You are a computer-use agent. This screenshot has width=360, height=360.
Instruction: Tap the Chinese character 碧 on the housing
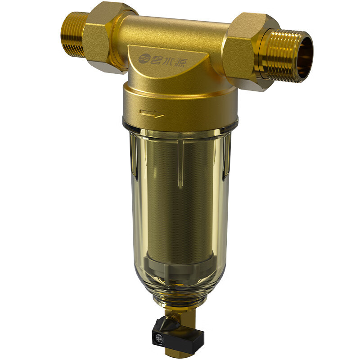pyautogui.click(x=157, y=58)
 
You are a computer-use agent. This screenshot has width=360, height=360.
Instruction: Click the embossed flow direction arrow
pyautogui.click(x=152, y=113)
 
